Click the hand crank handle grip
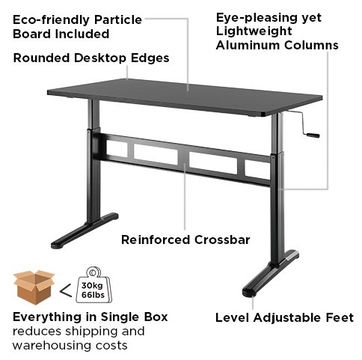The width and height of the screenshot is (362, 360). [313, 135]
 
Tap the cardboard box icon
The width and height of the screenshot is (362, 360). [34, 287]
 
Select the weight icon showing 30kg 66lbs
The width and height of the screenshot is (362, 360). [93, 285]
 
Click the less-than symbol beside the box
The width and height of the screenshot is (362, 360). [66, 290]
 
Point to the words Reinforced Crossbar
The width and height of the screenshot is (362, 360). [185, 240]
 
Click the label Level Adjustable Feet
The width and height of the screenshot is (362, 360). [284, 317]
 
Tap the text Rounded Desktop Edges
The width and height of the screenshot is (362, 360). [91, 58]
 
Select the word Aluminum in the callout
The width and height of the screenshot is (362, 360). [248, 45]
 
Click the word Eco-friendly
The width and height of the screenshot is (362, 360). [52, 20]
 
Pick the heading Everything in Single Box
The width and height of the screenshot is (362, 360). [90, 317]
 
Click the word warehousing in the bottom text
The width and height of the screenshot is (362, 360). [49, 346]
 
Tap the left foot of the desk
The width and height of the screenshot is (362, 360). [85, 231]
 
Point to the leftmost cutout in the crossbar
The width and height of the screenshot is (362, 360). [117, 148]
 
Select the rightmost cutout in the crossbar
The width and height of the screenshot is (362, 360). [257, 169]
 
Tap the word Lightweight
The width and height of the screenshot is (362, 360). [254, 31]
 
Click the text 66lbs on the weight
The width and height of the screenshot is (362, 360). [93, 295]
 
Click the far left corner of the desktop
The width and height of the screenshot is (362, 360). [48, 92]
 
